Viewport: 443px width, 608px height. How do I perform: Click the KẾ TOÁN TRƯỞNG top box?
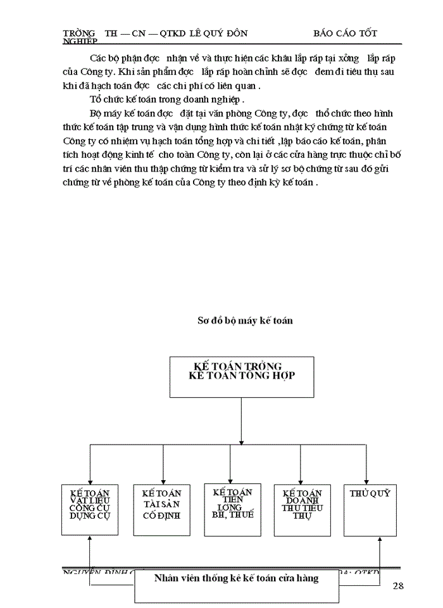241,377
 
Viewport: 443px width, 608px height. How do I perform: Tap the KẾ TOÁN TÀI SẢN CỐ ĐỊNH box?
161,510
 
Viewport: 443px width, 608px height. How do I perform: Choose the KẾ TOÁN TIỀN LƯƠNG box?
232,510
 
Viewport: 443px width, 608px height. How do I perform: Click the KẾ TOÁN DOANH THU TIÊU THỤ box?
302,510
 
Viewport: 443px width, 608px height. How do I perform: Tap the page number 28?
397,585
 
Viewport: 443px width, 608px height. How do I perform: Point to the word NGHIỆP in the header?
80,41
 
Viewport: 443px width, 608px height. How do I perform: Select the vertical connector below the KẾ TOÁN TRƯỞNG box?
241,418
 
